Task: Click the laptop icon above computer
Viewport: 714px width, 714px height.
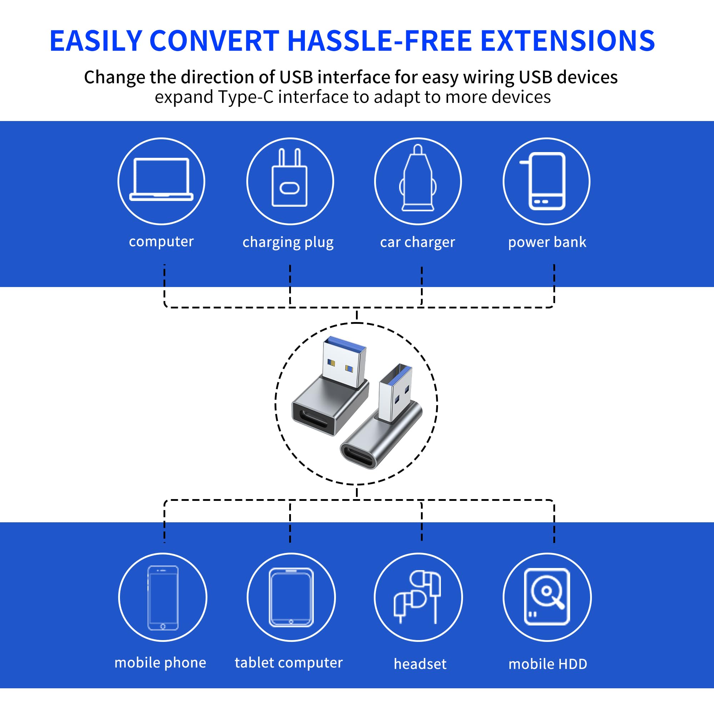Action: pyautogui.click(x=161, y=180)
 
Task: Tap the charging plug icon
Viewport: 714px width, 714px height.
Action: pyautogui.click(x=290, y=177)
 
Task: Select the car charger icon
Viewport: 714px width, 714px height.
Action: pyautogui.click(x=418, y=177)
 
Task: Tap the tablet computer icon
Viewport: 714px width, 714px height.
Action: pyautogui.click(x=291, y=598)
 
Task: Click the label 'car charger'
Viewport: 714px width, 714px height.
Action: pyautogui.click(x=418, y=242)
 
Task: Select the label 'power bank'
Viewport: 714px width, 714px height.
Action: pyautogui.click(x=547, y=242)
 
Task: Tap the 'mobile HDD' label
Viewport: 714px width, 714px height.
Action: pyautogui.click(x=548, y=664)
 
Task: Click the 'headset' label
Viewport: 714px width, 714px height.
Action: pyautogui.click(x=420, y=664)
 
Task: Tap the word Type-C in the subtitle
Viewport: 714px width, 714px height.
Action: pyautogui.click(x=246, y=97)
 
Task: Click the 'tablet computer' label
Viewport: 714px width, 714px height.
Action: pyautogui.click(x=288, y=663)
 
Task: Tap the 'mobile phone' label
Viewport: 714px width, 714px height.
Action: pyautogui.click(x=160, y=663)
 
